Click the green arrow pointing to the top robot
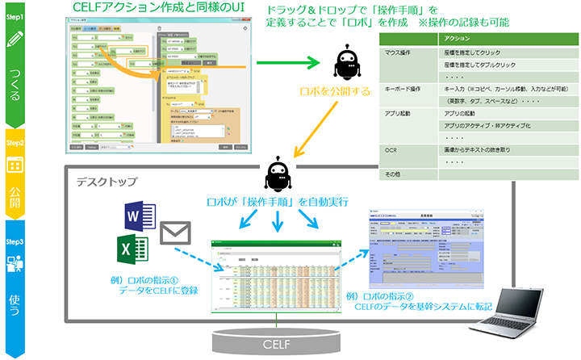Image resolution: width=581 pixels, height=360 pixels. [301, 61]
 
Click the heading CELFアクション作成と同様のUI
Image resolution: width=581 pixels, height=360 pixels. [160, 8]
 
